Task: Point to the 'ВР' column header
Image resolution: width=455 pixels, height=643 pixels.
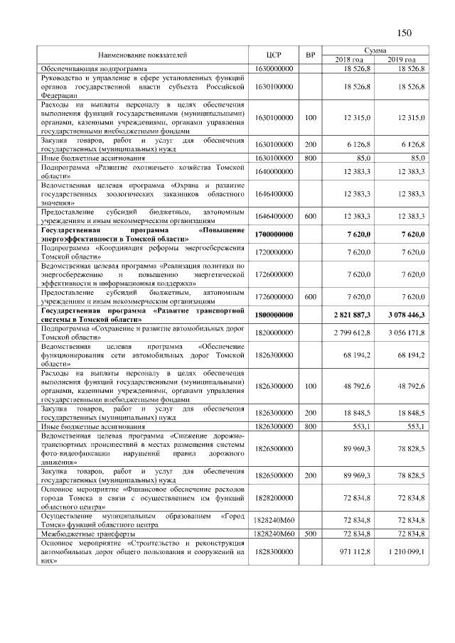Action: [310, 55]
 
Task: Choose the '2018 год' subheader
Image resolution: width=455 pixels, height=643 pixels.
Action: [349, 59]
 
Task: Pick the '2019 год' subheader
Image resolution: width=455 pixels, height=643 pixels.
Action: [402, 59]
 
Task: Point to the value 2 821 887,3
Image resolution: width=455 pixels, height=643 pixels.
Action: [348, 315]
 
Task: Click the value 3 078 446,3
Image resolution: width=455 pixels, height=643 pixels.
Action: [402, 315]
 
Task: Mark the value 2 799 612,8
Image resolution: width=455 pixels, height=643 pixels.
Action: [348, 333]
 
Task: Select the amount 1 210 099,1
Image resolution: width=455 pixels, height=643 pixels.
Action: [402, 551]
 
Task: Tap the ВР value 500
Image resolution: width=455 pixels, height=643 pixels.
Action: [310, 532]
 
